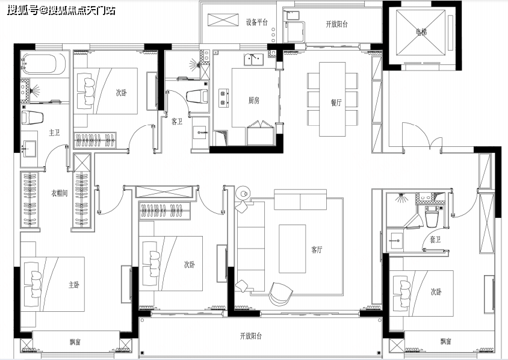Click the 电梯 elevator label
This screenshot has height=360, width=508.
point(421,32)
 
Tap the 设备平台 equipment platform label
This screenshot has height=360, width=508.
point(256,22)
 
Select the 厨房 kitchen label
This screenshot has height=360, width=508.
point(254,101)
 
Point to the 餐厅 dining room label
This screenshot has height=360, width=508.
point(336,102)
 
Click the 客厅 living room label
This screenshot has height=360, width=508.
point(317,249)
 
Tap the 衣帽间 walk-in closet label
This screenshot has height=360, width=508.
point(60,193)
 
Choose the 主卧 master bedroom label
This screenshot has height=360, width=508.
point(74,285)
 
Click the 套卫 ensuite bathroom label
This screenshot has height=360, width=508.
point(435,240)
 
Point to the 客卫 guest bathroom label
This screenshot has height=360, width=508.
point(177,122)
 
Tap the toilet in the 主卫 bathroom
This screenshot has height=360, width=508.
point(33,117)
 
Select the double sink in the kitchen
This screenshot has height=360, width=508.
point(253,60)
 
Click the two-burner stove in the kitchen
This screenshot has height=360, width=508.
point(223,98)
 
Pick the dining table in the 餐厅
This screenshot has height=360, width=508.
point(332,99)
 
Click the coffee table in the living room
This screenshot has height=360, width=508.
point(293,249)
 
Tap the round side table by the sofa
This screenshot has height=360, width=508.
point(243,193)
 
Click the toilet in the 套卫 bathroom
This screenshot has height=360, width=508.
point(432,217)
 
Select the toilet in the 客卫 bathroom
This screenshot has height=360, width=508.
point(197,96)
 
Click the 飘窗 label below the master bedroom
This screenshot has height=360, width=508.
point(75,342)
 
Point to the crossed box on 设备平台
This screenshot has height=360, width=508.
point(223,20)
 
